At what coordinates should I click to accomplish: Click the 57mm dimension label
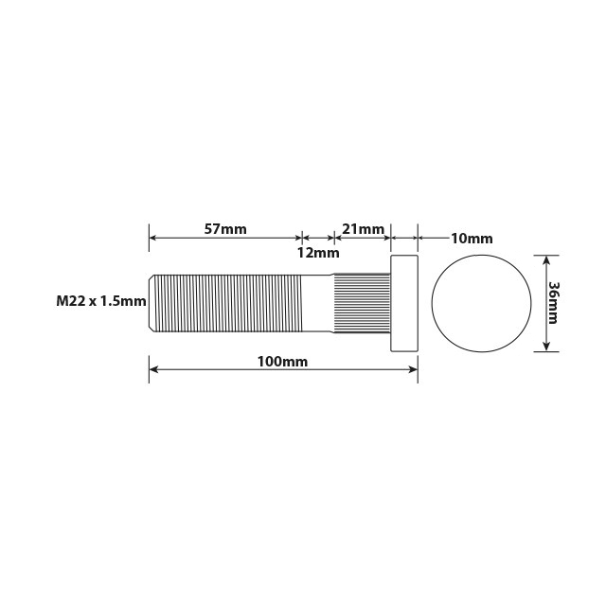pos(225,228)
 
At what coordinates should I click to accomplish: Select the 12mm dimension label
pos(317,253)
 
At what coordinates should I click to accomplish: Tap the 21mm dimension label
pos(363,228)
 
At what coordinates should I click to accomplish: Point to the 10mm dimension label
pos(471,239)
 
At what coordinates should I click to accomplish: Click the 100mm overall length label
pos(282,361)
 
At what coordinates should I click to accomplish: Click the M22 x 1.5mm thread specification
pos(100,301)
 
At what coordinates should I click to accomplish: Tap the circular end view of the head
pos(481,302)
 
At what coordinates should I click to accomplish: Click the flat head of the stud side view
pos(404,302)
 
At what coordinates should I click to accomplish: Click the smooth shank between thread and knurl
pos(317,302)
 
